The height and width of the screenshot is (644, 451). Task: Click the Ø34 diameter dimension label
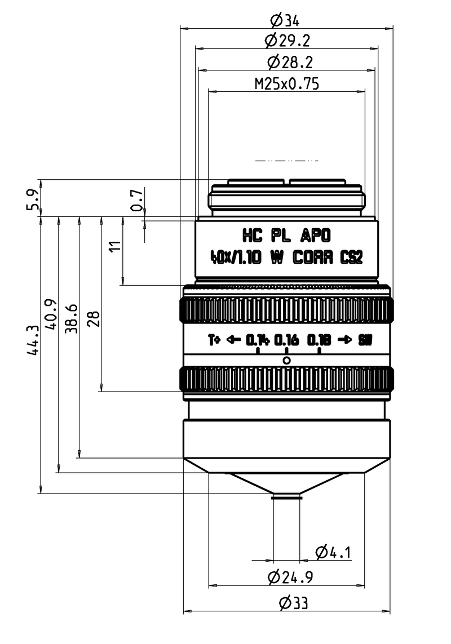[285, 21]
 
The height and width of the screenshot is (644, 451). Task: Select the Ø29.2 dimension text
[287, 41]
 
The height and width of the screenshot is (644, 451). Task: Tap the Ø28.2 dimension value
[287, 62]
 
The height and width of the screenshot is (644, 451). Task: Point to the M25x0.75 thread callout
[287, 84]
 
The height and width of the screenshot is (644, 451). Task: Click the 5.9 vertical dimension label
[33, 198]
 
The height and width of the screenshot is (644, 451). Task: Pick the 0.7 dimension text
[136, 200]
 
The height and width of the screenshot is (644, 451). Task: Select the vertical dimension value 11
[115, 246]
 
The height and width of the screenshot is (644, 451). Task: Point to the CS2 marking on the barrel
[351, 258]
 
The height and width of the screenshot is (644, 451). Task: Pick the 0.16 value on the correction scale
[286, 340]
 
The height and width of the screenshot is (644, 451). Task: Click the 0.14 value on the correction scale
[257, 340]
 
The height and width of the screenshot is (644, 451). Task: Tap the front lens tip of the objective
[286, 496]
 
